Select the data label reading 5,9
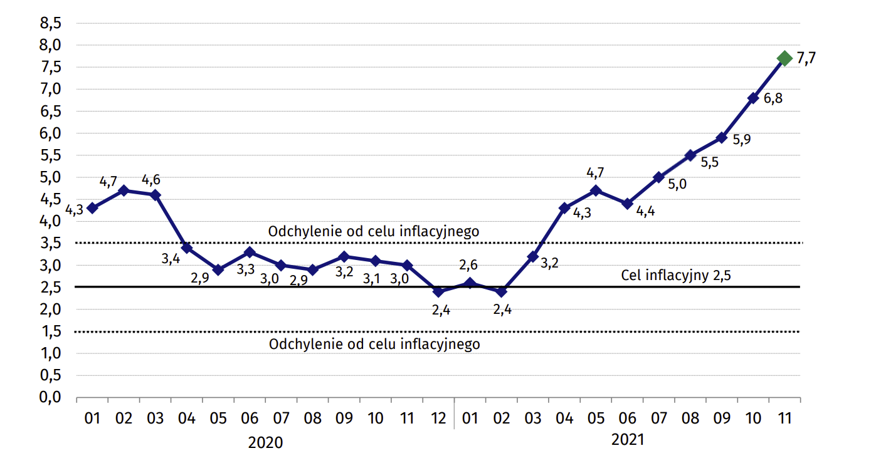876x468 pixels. coord(742,140)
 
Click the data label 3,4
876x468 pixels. coord(171,258)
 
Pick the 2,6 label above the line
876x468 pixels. coord(470,266)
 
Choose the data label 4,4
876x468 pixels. coord(645,212)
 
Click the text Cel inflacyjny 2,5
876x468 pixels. coord(677,275)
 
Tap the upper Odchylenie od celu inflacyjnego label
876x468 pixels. coord(374,231)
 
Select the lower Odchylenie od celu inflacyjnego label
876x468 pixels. coord(374,344)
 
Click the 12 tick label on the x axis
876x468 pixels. coord(438,418)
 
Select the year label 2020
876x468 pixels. coord(265,443)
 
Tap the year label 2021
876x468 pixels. coord(627,440)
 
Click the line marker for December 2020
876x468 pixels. coord(438,291)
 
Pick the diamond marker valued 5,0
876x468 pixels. coord(658,177)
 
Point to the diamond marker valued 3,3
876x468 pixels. coord(250,252)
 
